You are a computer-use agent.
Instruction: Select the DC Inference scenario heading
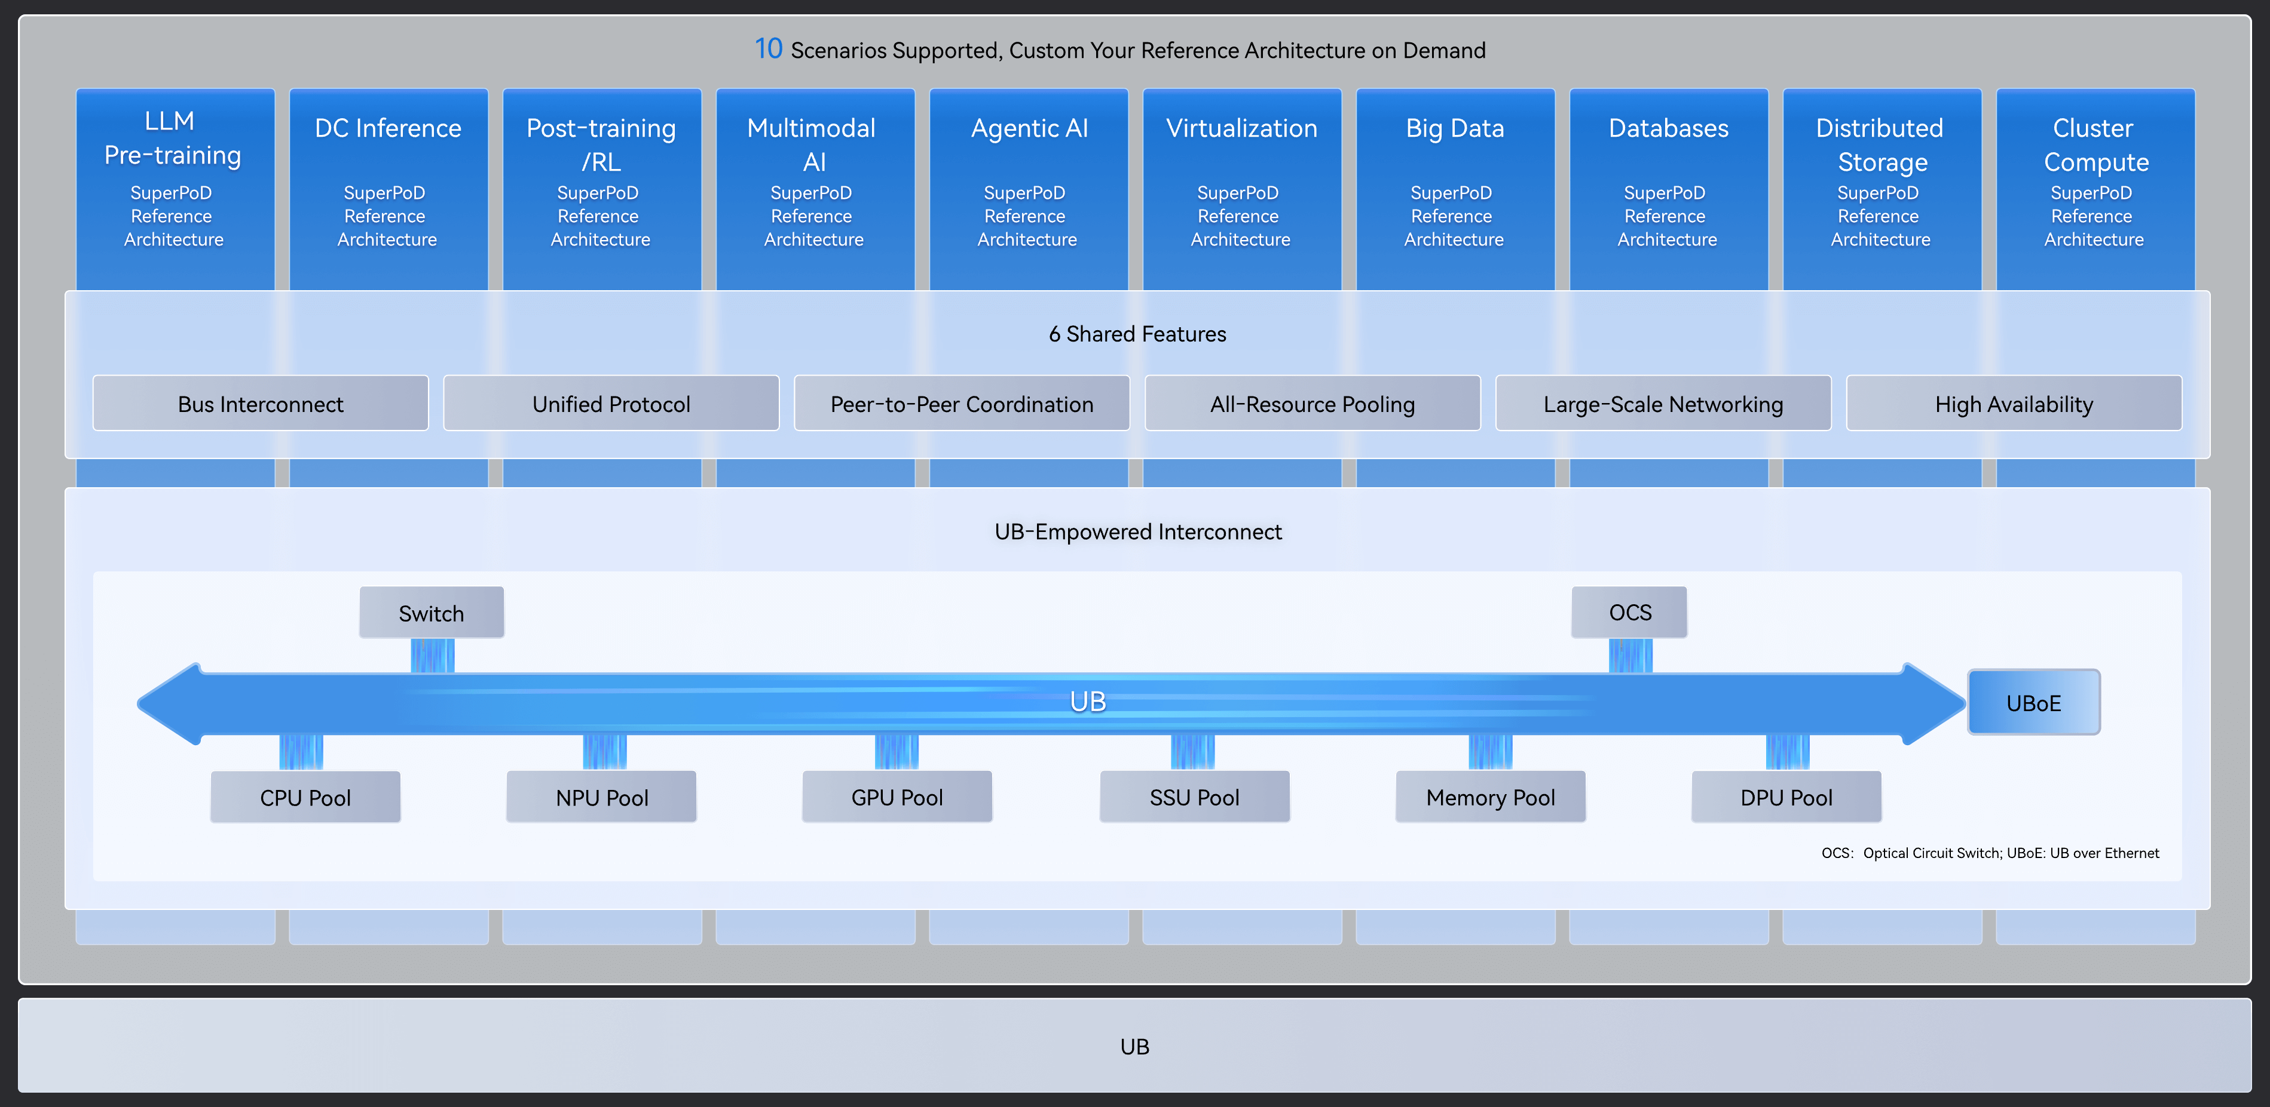[388, 128]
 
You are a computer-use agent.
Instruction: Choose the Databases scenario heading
[1668, 128]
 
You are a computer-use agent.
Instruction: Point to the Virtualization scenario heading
[1241, 128]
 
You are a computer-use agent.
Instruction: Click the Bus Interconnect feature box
[261, 404]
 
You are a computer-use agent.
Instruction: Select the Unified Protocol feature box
[611, 404]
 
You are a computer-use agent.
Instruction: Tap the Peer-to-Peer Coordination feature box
[962, 404]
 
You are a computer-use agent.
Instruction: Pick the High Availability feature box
[2014, 404]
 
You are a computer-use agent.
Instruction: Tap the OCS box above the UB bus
[1629, 612]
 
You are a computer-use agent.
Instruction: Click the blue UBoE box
[2034, 703]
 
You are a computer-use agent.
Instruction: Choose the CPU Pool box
[306, 797]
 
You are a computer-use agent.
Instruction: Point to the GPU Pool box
[897, 797]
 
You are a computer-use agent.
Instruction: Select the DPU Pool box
[1786, 797]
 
